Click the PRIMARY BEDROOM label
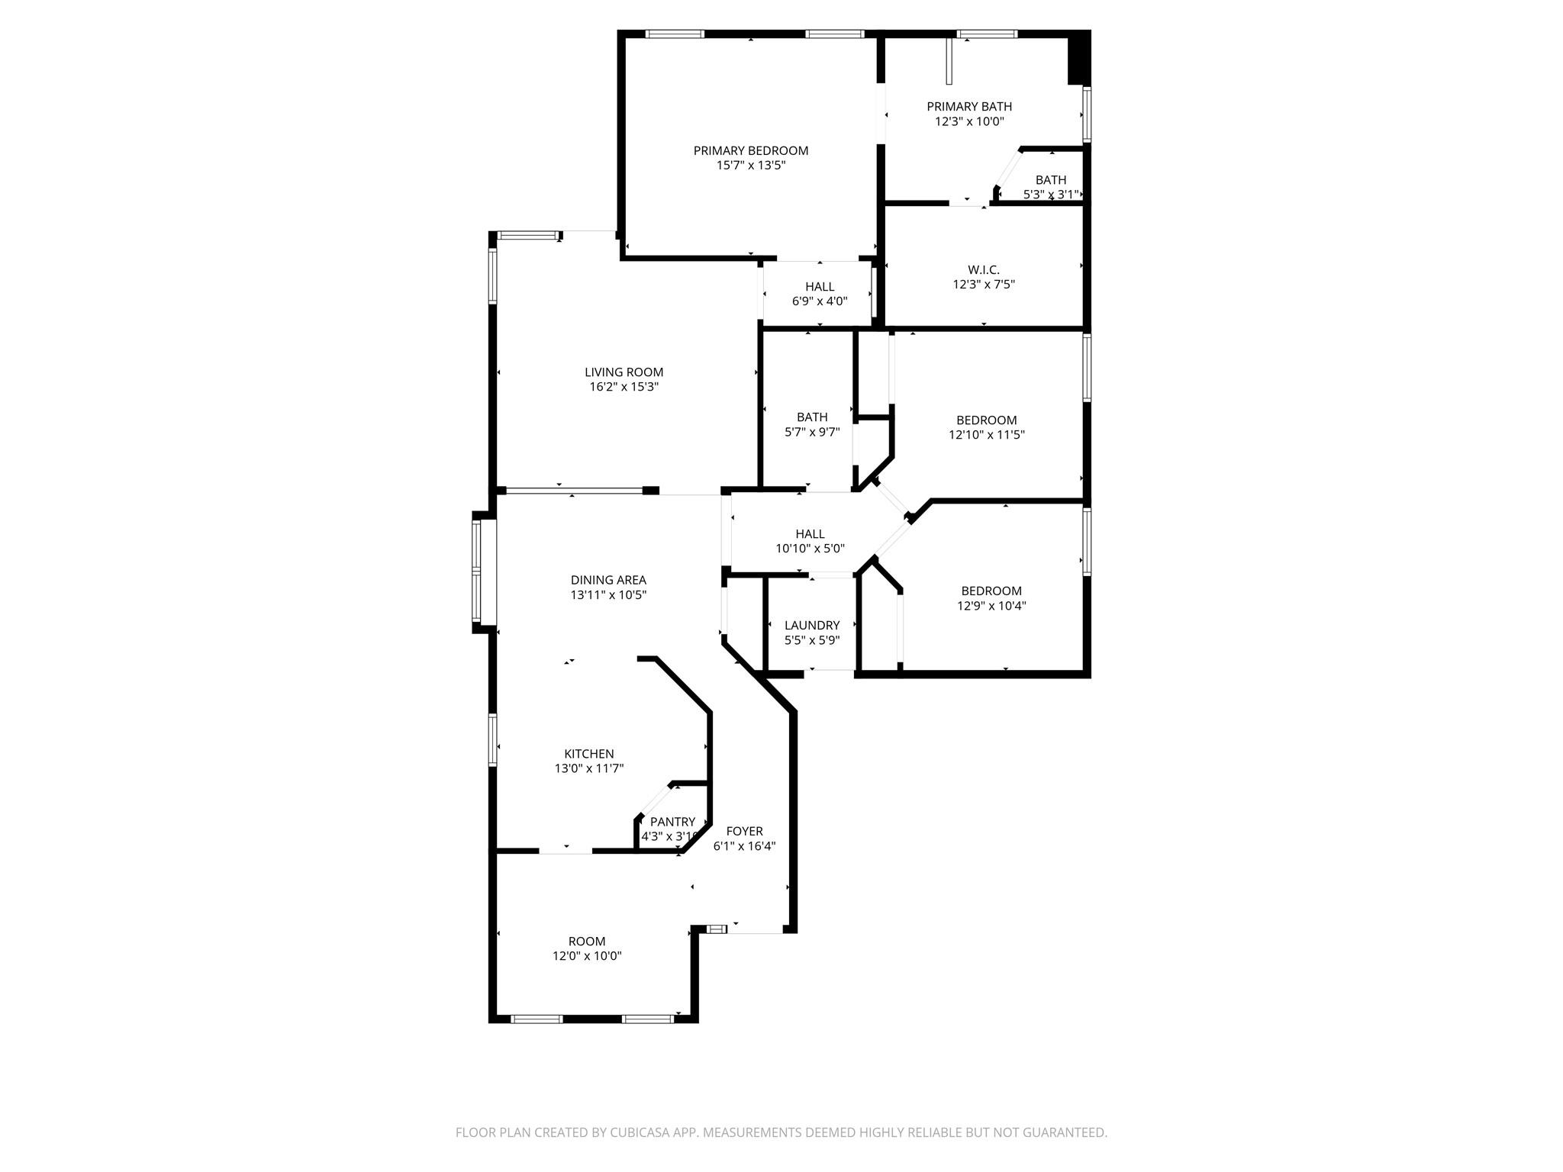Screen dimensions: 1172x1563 point(750,151)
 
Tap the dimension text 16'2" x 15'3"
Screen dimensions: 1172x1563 point(624,387)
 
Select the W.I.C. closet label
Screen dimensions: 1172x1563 point(983,270)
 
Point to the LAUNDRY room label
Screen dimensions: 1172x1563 point(812,626)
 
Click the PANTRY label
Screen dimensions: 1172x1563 point(672,822)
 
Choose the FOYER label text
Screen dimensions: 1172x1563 point(744,831)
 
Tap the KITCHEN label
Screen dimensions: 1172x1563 point(588,754)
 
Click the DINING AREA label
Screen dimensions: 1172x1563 point(608,580)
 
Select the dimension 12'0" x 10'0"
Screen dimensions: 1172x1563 point(587,956)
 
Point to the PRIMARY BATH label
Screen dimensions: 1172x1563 point(969,107)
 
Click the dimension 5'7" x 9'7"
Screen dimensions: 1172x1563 point(812,432)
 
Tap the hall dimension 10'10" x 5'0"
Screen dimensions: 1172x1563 point(810,549)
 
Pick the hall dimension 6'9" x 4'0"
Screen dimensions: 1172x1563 point(819,301)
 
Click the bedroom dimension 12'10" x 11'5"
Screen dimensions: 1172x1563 point(986,435)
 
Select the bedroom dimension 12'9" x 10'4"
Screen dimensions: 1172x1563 point(991,606)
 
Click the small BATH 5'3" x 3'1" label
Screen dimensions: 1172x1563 point(1050,180)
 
